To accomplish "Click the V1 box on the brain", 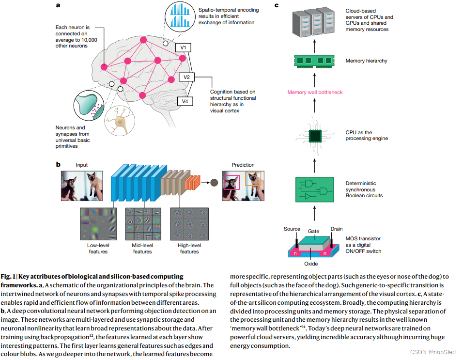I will coord(183,47).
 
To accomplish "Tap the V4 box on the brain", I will coord(184,101).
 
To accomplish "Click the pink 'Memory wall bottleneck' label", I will coord(315,92).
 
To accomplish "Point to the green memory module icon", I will coord(315,61).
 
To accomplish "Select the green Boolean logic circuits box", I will coord(315,189).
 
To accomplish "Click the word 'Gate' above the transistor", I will coord(314,231).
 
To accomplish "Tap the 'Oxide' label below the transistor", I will coord(311,264).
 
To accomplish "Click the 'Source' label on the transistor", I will coord(292,229).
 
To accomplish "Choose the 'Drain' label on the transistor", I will coord(337,229).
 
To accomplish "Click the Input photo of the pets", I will coord(82,186).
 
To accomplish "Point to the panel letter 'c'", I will coord(277,5).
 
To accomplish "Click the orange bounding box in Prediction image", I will coord(253,178).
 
